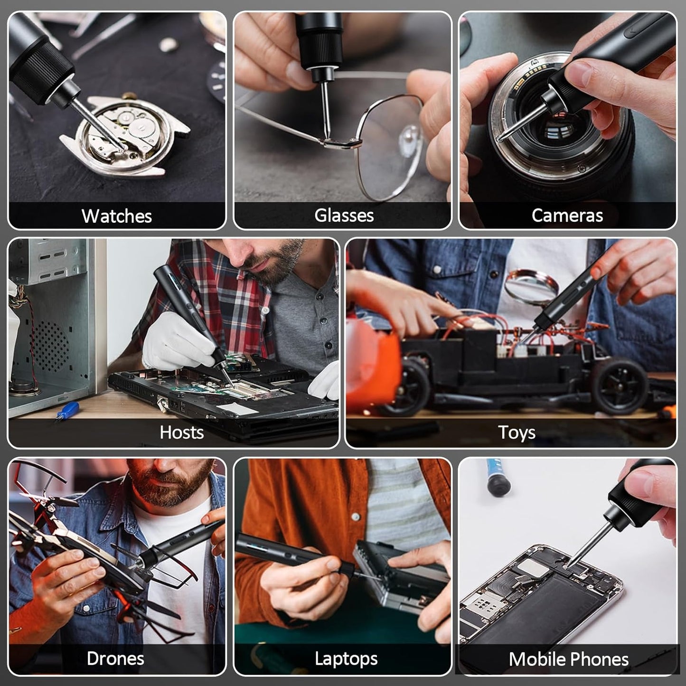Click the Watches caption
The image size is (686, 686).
(x=117, y=216)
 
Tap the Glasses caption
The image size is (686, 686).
(x=344, y=216)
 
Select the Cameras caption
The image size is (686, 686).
(x=567, y=216)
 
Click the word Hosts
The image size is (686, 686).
(x=181, y=432)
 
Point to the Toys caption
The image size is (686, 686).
(x=517, y=432)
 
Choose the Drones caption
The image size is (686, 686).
(x=115, y=658)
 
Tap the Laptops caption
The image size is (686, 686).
(x=346, y=659)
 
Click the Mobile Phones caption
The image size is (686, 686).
(x=568, y=659)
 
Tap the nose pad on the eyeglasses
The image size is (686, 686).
(x=407, y=138)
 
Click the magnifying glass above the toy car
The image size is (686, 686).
(x=532, y=287)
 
